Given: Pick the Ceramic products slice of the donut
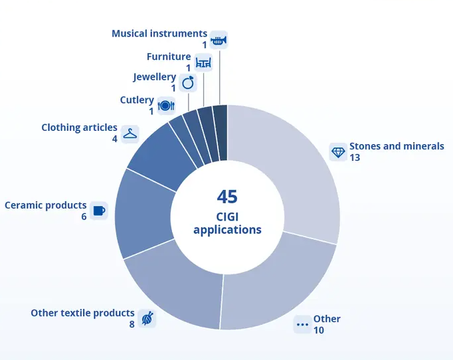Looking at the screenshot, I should pos(139,213).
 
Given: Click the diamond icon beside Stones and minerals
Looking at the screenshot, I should pos(339,152).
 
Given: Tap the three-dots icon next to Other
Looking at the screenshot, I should pos(302,325).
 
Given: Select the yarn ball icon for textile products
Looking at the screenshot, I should pos(147,319).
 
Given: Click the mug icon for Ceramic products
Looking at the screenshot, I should pos(99,211).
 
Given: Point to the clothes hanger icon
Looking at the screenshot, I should pos(130,134).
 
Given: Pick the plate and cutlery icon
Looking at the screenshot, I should pos(166,105).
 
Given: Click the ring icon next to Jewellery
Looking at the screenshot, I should pos(188,82).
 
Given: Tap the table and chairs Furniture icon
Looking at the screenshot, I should pos(203,62).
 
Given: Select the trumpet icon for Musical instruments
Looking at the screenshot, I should pos(219,40).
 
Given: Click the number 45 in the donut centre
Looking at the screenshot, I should pos(227,197).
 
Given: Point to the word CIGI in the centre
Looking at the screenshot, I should pos(227,217).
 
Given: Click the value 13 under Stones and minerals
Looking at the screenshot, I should pos(355,158).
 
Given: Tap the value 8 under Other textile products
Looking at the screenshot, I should pos(132,325).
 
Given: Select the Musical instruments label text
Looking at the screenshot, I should pos(159,33).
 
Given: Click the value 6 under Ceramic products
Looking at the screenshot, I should pos(84,217).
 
